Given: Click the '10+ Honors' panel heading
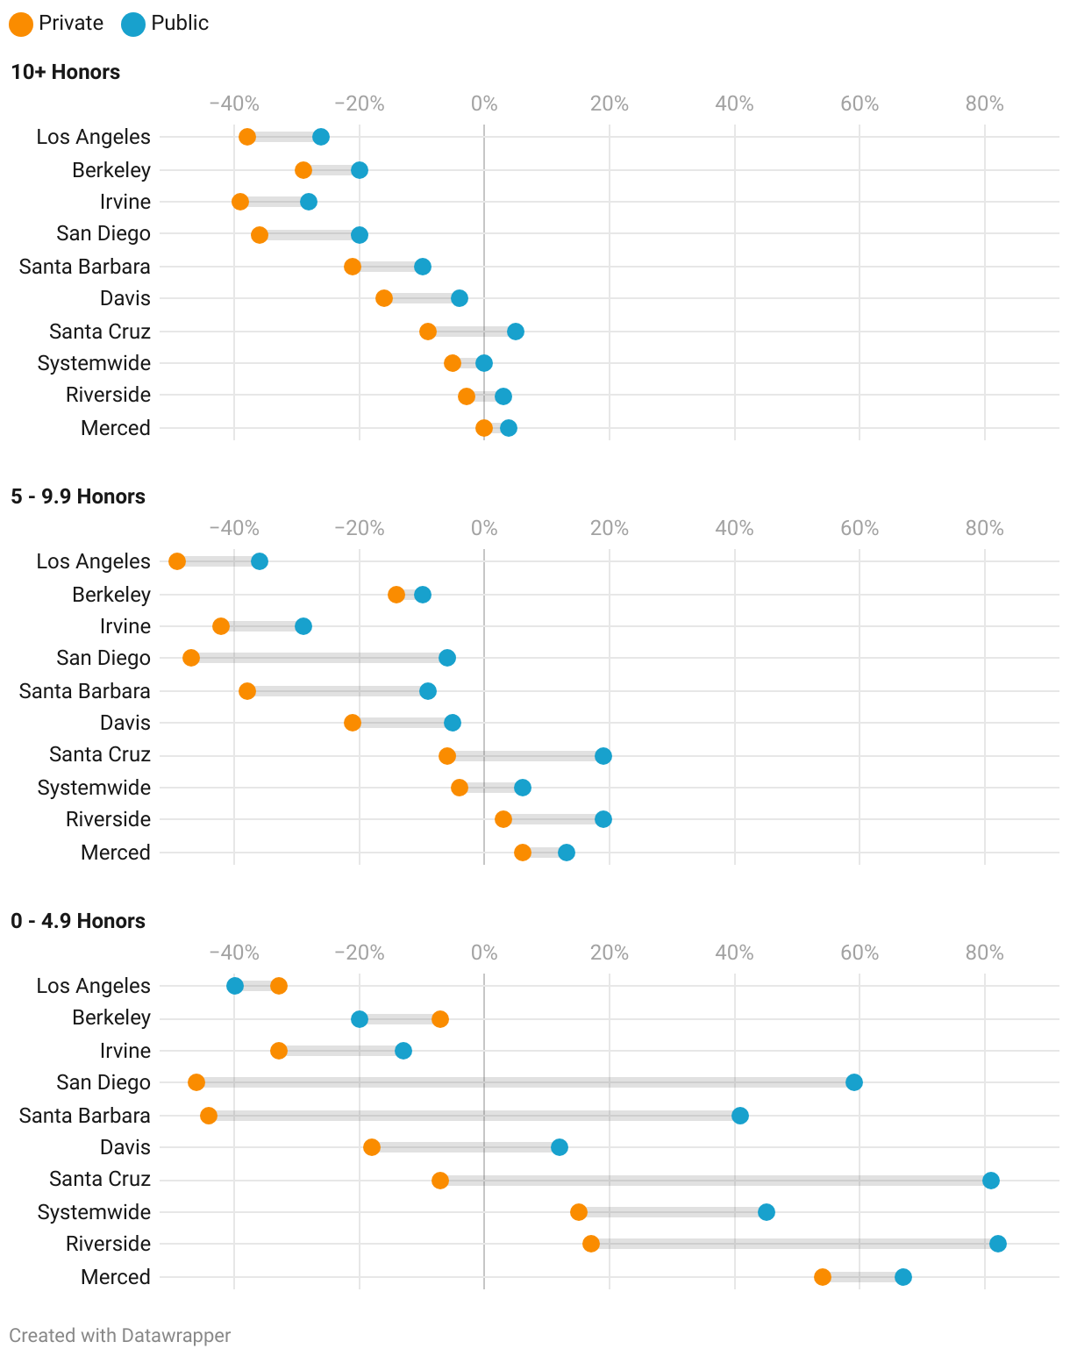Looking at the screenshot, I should pos(66,72).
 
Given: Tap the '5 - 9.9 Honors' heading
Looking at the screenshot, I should pos(78,496).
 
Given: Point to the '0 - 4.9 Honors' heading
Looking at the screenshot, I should pos(78,921).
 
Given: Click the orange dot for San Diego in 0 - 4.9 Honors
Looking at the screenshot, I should pos(196,1082).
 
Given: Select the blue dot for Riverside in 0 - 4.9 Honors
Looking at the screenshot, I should pos(997,1244).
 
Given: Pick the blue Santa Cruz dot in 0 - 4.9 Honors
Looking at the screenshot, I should pos(991,1181).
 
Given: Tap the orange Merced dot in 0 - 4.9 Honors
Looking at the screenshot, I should pos(823,1277).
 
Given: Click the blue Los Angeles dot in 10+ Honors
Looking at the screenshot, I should pos(321,137).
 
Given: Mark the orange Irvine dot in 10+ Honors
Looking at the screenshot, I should pos(240,202).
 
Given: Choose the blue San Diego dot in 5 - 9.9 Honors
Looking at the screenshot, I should pos(447,658).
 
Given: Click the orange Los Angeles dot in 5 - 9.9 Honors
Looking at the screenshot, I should pos(177,561).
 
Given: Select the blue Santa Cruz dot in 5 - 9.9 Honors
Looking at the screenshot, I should pos(603,756).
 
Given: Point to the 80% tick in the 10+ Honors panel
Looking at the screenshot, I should pos(984,104).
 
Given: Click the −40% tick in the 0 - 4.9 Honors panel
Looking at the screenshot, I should pos(234,953).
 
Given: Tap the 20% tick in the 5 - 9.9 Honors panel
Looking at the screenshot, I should pos(609,529).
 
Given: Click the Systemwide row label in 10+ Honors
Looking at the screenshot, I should pos(94,363).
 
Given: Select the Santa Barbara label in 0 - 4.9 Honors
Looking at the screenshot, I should pos(84,1116).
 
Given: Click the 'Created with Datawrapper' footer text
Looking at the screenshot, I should pos(120,1336).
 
